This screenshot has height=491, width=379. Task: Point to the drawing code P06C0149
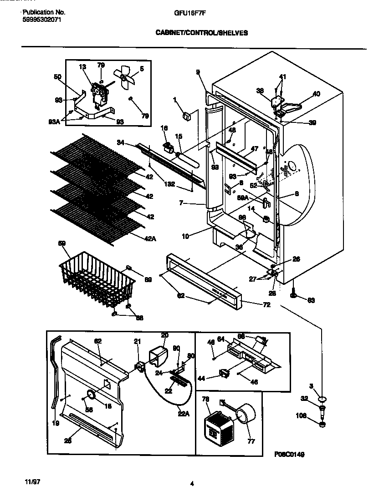(289, 454)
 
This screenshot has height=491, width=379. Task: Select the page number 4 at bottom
(192, 484)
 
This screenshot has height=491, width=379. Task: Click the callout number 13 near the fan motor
(82, 67)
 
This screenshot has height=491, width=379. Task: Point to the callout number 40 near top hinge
(316, 94)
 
